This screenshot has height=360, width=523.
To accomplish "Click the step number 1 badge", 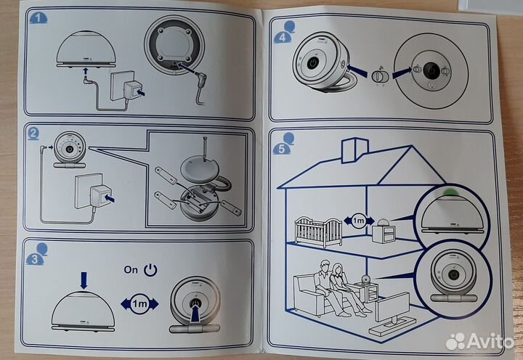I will (x=35, y=20).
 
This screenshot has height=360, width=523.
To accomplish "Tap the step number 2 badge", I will (x=35, y=133).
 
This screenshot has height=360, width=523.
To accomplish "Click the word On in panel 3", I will (x=131, y=269).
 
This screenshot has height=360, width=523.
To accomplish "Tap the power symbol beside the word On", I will (x=150, y=270).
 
